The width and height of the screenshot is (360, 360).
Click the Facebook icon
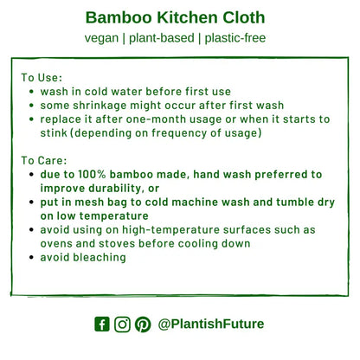click(102, 325)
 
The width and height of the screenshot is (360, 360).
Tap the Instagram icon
click(122, 325)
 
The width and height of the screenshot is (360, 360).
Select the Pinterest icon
click(142, 325)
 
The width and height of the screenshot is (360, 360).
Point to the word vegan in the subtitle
click(101, 38)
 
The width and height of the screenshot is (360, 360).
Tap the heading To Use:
click(42, 77)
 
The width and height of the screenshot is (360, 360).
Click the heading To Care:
click(44, 160)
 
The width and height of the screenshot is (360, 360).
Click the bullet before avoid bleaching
click(32, 257)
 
